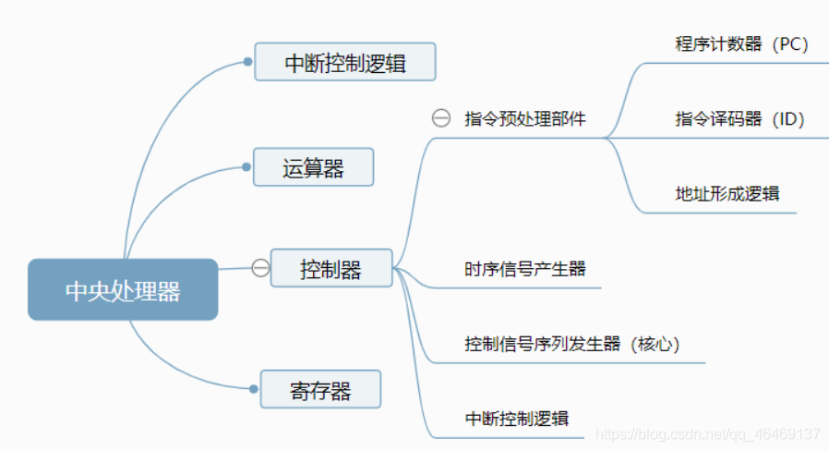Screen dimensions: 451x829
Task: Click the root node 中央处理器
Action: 123,290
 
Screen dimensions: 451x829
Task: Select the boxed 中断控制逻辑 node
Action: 345,63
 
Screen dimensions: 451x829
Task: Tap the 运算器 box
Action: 313,167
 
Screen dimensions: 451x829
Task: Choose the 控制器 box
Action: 330,268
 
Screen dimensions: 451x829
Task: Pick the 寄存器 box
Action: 320,389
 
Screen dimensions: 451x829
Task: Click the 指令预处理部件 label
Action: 525,118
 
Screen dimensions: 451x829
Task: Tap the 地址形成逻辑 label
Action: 727,193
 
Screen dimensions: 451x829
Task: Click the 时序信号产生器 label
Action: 525,269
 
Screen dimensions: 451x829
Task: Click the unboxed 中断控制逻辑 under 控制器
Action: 517,419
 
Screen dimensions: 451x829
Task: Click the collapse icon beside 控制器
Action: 260,268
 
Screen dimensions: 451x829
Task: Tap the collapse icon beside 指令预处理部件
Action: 441,118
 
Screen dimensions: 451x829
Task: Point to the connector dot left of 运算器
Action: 246,167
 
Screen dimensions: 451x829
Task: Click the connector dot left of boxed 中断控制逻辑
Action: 247,62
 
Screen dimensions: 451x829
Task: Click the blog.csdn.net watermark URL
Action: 708,433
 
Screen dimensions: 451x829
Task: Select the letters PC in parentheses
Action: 790,43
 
